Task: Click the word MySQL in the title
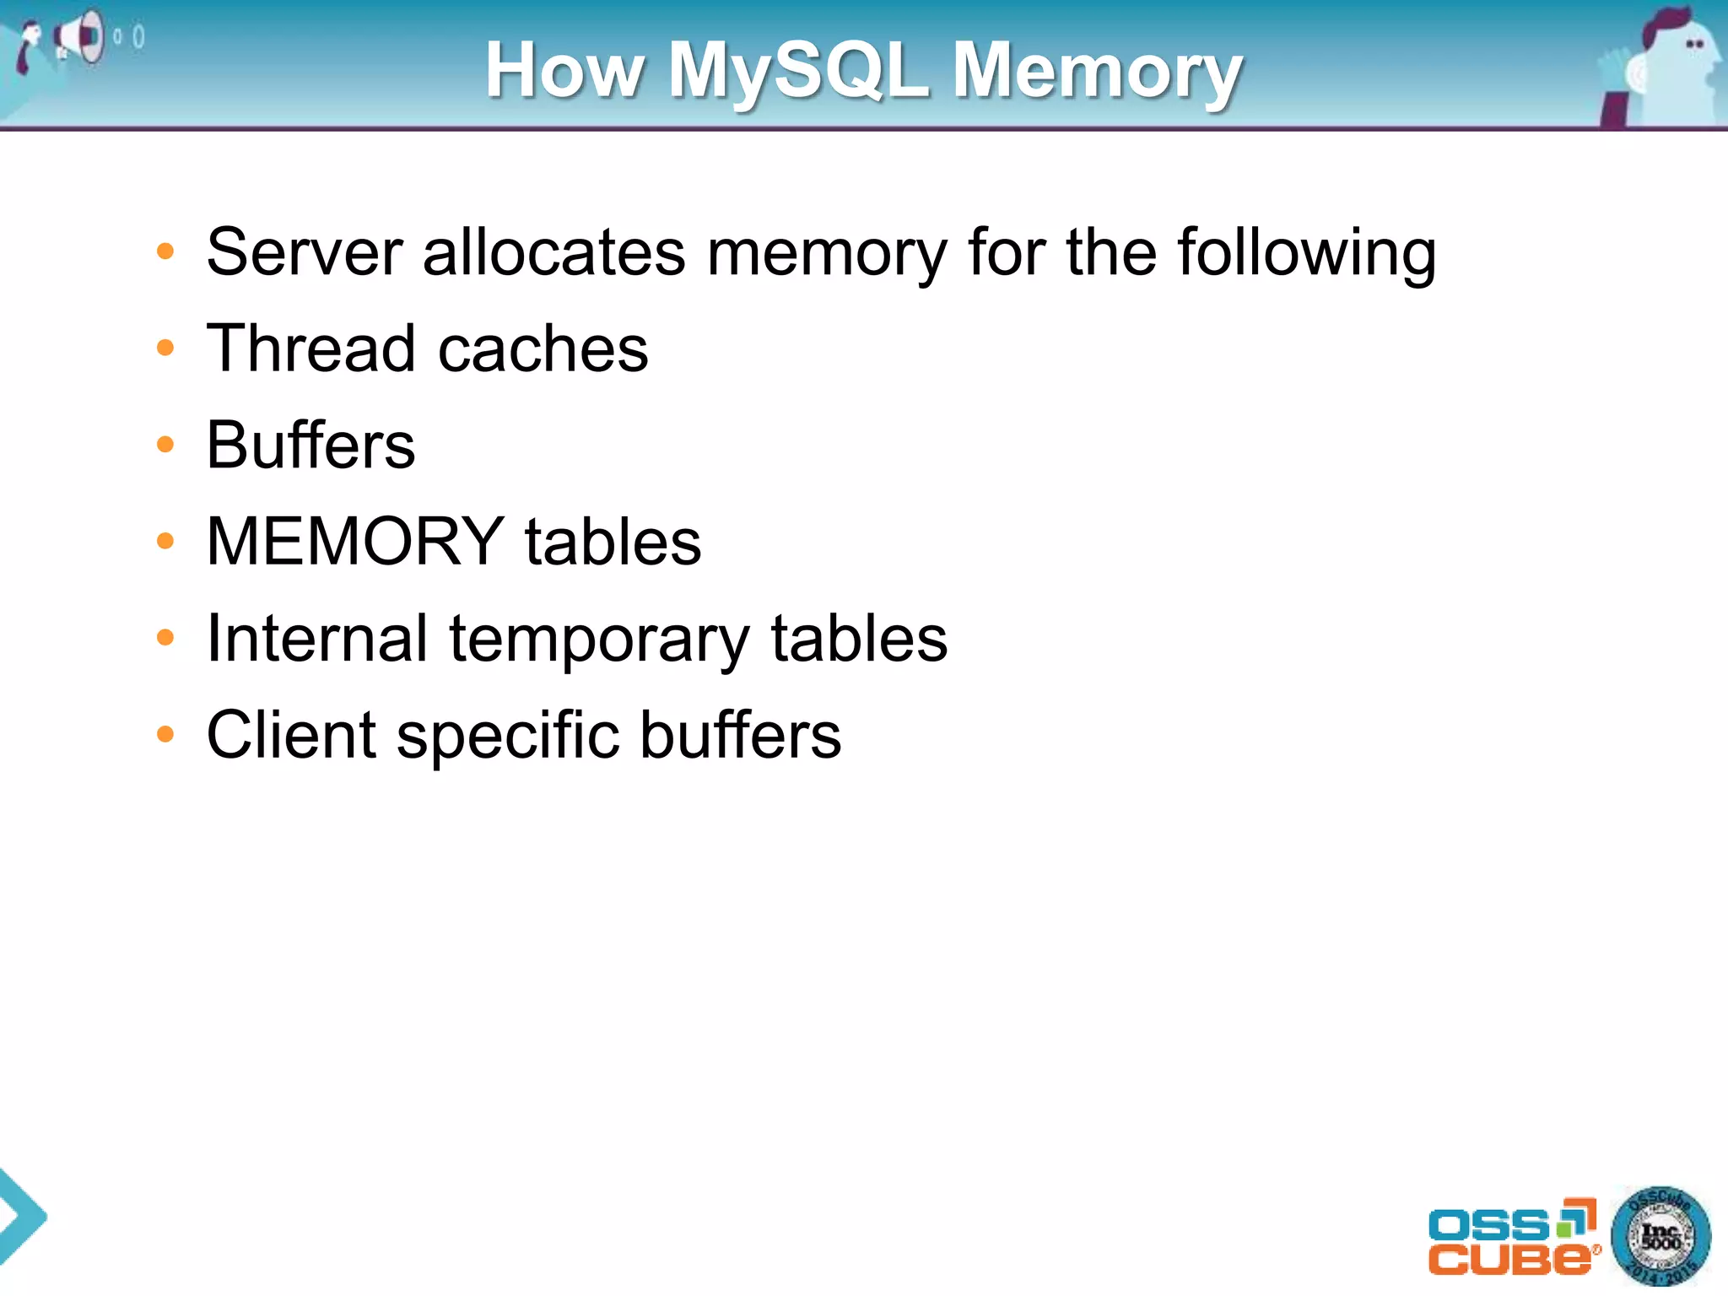pyautogui.click(x=798, y=71)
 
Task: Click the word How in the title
pyautogui.click(x=565, y=71)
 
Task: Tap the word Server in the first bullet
pyautogui.click(x=305, y=252)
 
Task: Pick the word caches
pyautogui.click(x=543, y=350)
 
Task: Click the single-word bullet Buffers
pyautogui.click(x=310, y=445)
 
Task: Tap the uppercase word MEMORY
pyautogui.click(x=355, y=542)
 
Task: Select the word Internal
pyautogui.click(x=317, y=639)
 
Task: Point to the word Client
pyautogui.click(x=291, y=735)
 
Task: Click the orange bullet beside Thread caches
pyautogui.click(x=165, y=348)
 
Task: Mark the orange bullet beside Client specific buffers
pyautogui.click(x=165, y=734)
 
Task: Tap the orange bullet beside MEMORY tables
pyautogui.click(x=165, y=541)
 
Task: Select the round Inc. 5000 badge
pyautogui.click(x=1660, y=1236)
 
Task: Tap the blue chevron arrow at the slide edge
pyautogui.click(x=20, y=1216)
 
